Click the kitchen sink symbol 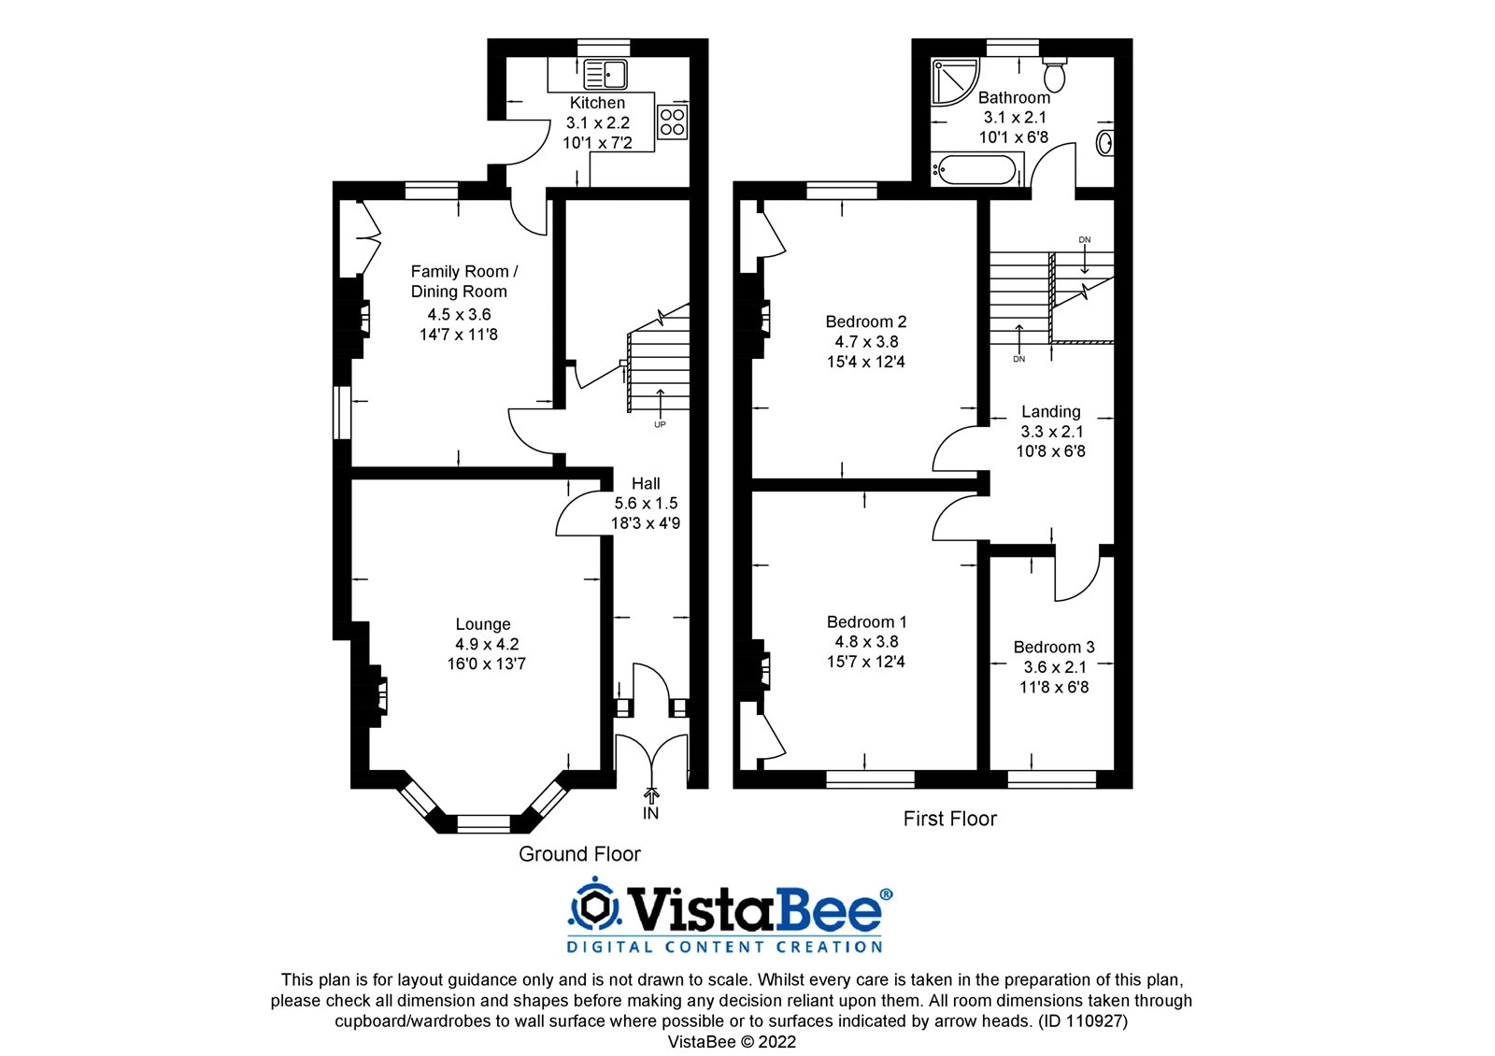[606, 74]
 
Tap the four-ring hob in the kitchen [672, 122]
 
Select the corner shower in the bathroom [953, 81]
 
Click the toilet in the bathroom [1055, 73]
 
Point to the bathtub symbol [975, 170]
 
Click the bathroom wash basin [1103, 143]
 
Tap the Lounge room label [483, 624]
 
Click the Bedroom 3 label [1054, 647]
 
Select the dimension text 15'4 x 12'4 [865, 362]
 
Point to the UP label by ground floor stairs [660, 424]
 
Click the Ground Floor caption [579, 854]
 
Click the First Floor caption [949, 819]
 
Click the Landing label [1050, 411]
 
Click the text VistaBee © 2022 [732, 1041]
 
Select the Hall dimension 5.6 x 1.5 [646, 503]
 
